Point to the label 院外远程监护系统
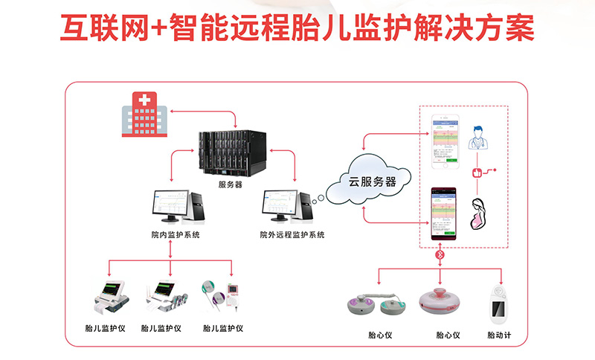(x=292, y=235)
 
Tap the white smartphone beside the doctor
(x=446, y=139)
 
